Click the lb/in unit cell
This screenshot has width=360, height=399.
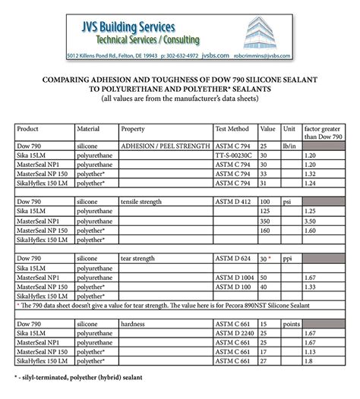coord(288,144)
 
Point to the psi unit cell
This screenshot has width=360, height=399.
coord(286,203)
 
